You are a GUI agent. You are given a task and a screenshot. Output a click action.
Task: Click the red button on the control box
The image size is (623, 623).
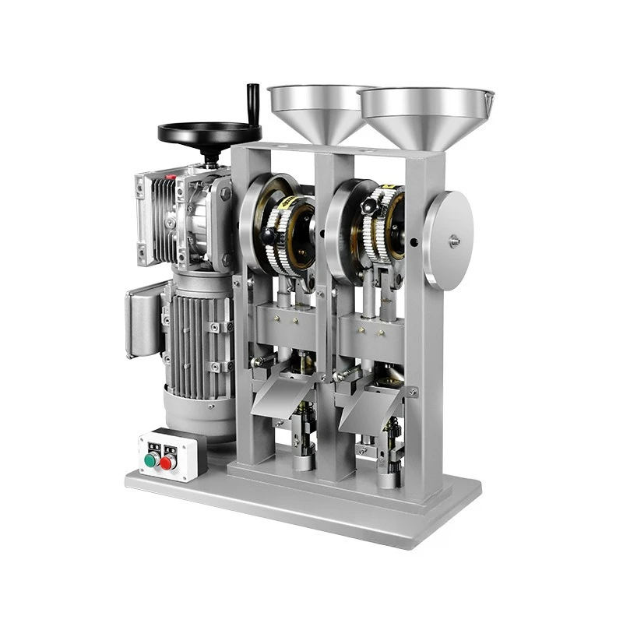tap(165, 463)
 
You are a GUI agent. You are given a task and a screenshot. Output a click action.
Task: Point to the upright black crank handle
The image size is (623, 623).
tap(252, 100)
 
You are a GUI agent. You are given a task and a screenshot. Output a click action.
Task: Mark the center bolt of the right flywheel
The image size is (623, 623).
tap(454, 241)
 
